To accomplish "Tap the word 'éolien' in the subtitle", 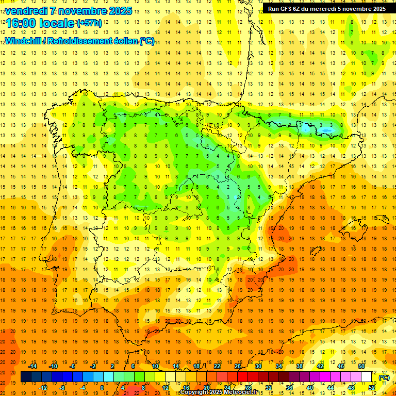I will pyautogui.click(x=126, y=41).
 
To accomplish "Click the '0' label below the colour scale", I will pyautogui.click(x=102, y=388).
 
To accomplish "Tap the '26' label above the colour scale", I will pyautogui.click(x=238, y=366).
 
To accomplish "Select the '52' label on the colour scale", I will pyautogui.click(x=372, y=388).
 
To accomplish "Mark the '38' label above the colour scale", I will pyautogui.click(x=300, y=366).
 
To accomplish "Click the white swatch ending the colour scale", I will pyautogui.click(x=367, y=377).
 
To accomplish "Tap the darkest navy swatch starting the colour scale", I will pyautogui.click(x=26, y=377).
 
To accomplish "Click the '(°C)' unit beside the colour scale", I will pyautogui.click(x=384, y=377).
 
